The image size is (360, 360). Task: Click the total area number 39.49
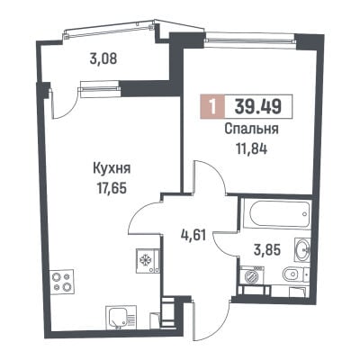(258, 106)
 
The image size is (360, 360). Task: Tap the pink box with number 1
(212, 106)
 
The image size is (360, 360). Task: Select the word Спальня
(251, 130)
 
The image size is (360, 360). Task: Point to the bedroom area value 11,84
(252, 148)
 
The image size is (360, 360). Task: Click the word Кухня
(112, 169)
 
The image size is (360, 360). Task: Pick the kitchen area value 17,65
(112, 188)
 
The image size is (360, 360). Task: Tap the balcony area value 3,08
(103, 58)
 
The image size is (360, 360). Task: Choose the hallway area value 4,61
(193, 235)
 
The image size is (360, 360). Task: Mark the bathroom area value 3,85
(267, 249)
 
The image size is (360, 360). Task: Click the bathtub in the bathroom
(275, 214)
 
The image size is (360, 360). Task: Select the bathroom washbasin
(302, 248)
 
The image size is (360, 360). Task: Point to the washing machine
(251, 275)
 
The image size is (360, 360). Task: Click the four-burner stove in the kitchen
(62, 282)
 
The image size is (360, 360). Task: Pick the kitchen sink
(121, 318)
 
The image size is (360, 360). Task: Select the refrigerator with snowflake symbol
(148, 260)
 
